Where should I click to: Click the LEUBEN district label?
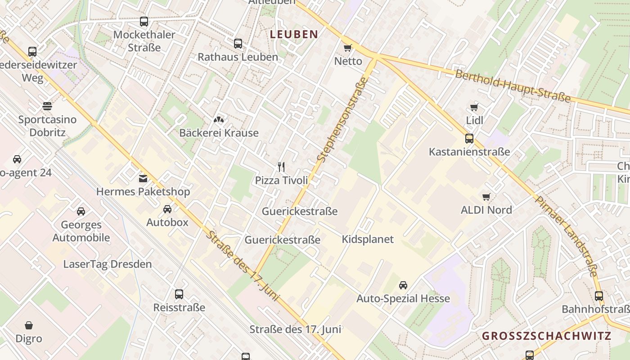[294, 34]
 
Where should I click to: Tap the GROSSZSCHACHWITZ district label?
[546, 336]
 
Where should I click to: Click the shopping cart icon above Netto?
[347, 48]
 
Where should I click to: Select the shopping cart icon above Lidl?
[474, 107]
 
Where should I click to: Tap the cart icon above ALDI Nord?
[486, 197]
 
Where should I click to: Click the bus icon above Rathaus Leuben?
[238, 44]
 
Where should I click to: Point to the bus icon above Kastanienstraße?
[469, 138]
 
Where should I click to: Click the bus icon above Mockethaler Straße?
[144, 21]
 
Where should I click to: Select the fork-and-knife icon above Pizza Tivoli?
[282, 167]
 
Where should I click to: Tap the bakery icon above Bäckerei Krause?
[219, 120]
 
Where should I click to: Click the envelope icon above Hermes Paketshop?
[143, 179]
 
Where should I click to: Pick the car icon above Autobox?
[167, 209]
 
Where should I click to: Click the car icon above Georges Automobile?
[81, 211]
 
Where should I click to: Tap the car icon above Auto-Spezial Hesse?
[403, 285]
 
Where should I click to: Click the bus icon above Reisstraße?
[179, 294]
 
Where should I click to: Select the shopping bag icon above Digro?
[29, 325]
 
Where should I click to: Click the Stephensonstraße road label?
[342, 120]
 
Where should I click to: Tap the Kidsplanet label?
[368, 239]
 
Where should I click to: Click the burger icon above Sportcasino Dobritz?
[47, 106]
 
